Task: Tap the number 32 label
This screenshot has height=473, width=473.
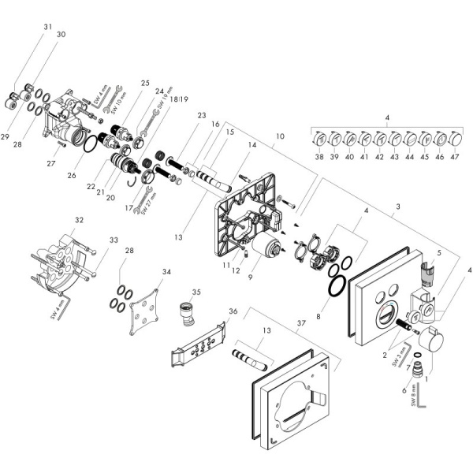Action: (x=79, y=220)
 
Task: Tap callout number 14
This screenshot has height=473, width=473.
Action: (x=253, y=145)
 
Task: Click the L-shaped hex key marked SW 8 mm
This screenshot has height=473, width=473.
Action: (x=423, y=407)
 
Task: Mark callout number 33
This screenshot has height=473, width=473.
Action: (x=114, y=240)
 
